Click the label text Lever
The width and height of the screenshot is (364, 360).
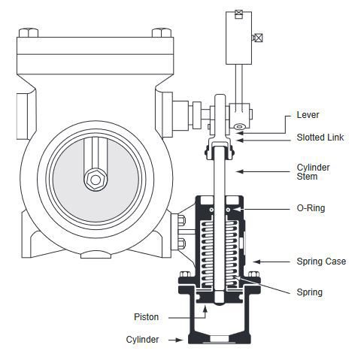pyautogui.click(x=308, y=115)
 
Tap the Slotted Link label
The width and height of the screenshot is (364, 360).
pyautogui.click(x=320, y=138)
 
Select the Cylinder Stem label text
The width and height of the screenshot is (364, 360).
pyautogui.click(x=313, y=172)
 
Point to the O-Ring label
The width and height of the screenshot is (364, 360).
pyautogui.click(x=311, y=208)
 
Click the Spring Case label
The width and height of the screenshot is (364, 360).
pyautogui.click(x=321, y=262)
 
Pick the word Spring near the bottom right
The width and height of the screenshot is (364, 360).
pyautogui.click(x=310, y=292)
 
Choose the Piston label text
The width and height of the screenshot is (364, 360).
pyautogui.click(x=147, y=317)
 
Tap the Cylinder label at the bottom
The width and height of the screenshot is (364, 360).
pyautogui.click(x=142, y=340)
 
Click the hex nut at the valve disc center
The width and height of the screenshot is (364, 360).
pyautogui.click(x=96, y=180)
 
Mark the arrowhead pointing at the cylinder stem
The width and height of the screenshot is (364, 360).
pyautogui.click(x=240, y=171)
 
